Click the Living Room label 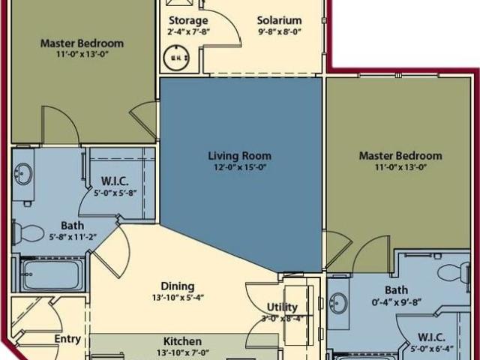pos(239,156)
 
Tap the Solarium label pos(279,20)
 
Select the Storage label pos(187,20)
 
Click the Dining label pos(178,286)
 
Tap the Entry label pos(67,339)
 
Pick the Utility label pos(283,307)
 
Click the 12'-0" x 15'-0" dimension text pos(239,167)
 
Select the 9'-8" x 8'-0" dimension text pos(279,31)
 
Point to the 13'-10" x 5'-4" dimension pos(178,297)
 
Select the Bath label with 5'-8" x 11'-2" pos(73,225)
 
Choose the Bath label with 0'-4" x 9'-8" pos(397,290)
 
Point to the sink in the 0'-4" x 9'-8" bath pos(339,304)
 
